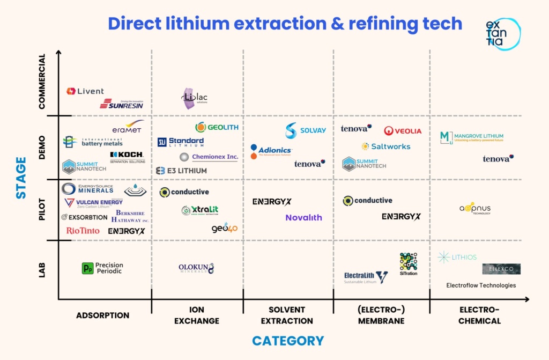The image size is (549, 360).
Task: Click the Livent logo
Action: (x=85, y=91)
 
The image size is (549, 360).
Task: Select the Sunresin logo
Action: (x=122, y=104)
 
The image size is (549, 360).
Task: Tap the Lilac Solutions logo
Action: (x=193, y=98)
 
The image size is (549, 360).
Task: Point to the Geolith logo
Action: (x=217, y=127)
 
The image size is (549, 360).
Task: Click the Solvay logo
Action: (x=306, y=130)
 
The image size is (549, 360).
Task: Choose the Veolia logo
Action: (x=403, y=131)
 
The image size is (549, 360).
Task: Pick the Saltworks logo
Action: (x=386, y=146)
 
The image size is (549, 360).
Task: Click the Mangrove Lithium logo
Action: (x=472, y=137)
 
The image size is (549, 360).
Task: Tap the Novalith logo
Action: (x=303, y=217)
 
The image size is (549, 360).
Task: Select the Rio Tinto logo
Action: (x=83, y=231)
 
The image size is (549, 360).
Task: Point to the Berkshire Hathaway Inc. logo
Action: (x=130, y=216)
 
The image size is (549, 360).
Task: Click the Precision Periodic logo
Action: (x=102, y=268)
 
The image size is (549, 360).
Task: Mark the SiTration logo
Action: (x=408, y=264)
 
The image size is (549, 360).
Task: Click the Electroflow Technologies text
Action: (x=481, y=285)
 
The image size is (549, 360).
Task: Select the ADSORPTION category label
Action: (x=102, y=315)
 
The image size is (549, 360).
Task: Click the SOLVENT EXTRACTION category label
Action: (x=287, y=315)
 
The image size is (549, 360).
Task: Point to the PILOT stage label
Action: (x=42, y=210)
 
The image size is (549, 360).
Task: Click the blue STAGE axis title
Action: (x=21, y=178)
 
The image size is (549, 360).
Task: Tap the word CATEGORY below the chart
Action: (x=288, y=341)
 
